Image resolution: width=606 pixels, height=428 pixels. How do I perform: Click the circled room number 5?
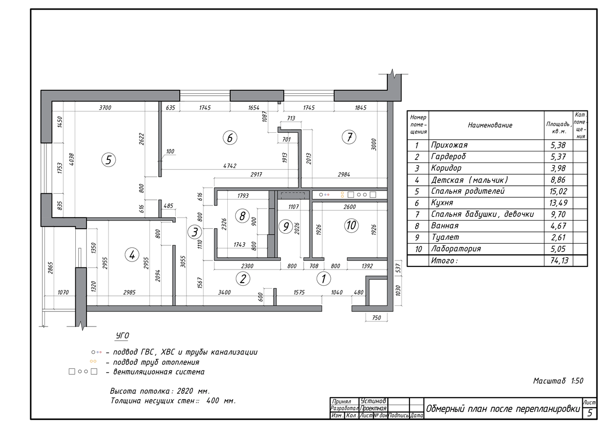(x=109, y=160)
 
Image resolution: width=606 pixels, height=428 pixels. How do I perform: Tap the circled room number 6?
(x=230, y=138)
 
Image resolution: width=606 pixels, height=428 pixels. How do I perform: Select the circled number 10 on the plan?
(x=351, y=225)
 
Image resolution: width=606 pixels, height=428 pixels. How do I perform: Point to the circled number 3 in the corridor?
(x=195, y=232)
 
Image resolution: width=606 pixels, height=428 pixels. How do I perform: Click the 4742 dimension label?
(x=230, y=166)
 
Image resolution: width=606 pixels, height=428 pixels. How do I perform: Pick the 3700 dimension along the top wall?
(x=105, y=108)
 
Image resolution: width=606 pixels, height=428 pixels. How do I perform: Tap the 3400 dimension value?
(x=225, y=292)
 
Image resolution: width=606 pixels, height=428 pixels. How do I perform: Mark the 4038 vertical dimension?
(x=71, y=159)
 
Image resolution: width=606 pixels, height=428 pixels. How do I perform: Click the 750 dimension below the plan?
(x=377, y=317)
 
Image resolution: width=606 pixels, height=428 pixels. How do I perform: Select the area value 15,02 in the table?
(x=558, y=191)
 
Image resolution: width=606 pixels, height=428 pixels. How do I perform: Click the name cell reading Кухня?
(x=442, y=203)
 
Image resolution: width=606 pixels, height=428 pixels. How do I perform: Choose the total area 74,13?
(x=559, y=260)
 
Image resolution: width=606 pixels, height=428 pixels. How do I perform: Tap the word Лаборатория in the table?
(x=456, y=248)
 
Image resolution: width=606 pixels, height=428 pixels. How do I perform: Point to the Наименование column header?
(x=490, y=125)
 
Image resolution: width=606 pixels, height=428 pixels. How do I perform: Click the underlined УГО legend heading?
(x=123, y=336)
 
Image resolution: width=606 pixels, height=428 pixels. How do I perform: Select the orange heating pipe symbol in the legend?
(x=93, y=361)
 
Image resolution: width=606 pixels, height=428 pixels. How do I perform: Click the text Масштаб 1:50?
(x=558, y=381)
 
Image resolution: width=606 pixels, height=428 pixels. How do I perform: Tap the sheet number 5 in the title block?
(x=590, y=413)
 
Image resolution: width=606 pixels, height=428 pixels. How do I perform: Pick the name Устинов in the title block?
(x=373, y=401)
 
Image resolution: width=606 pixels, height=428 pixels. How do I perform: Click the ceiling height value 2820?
(x=185, y=391)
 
